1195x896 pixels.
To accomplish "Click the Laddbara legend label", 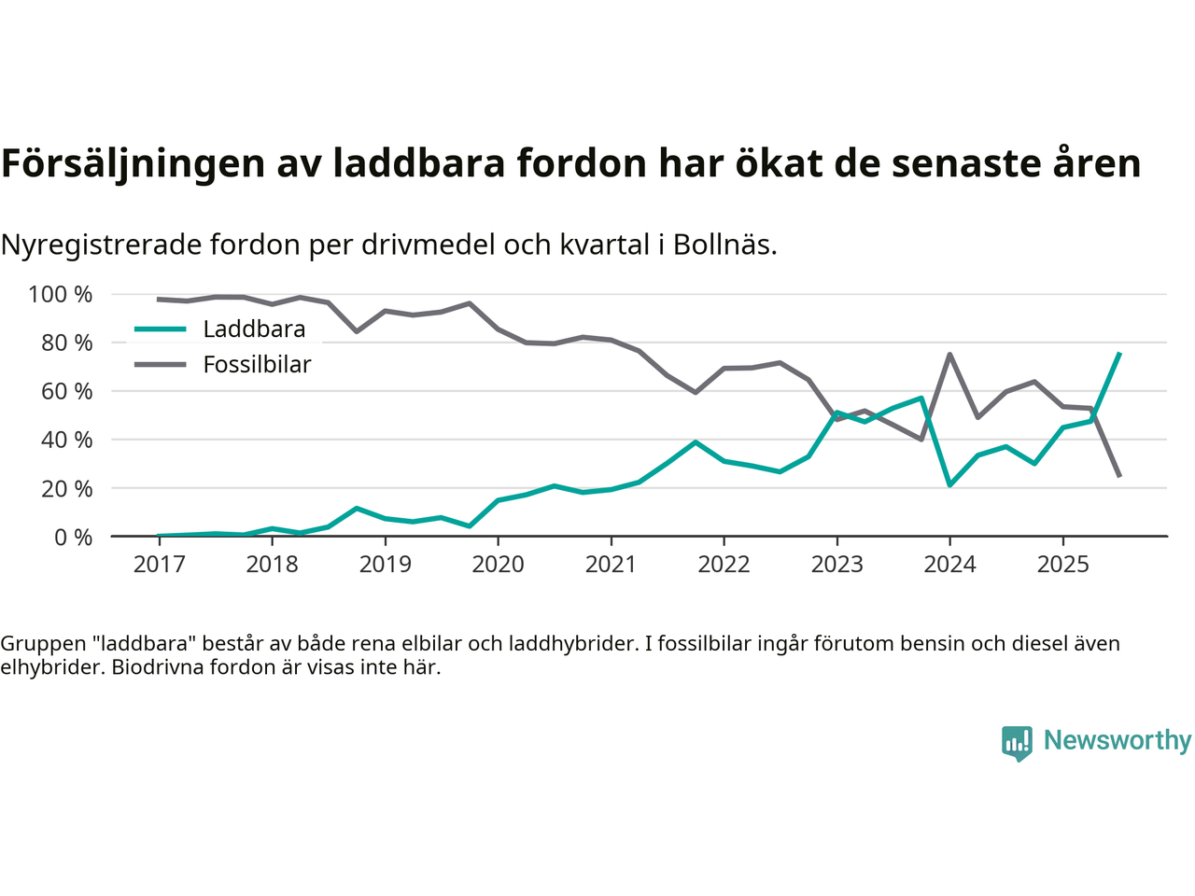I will point(254,329).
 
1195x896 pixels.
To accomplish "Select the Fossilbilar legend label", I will point(257,365).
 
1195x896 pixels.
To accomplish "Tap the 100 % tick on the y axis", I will point(61,295).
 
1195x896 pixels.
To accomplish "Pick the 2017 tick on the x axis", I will point(159,564).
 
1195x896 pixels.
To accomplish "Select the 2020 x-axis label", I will point(498,564).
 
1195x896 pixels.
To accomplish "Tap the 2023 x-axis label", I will point(836,564).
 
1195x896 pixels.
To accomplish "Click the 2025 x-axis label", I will point(1062,564).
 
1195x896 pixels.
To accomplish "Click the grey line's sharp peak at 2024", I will point(949,355).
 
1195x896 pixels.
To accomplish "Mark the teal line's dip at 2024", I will point(949,484).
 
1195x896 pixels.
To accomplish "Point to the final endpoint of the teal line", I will point(1118,354).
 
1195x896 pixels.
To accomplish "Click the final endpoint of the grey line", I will point(1118,476).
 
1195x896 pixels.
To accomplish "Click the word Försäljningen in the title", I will point(133,163).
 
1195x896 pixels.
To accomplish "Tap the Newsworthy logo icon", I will point(1017,743).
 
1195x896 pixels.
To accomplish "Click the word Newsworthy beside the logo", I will point(1117,740).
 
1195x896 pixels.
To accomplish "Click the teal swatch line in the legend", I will point(161,329).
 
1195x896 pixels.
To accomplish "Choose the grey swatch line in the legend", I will point(161,365).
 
